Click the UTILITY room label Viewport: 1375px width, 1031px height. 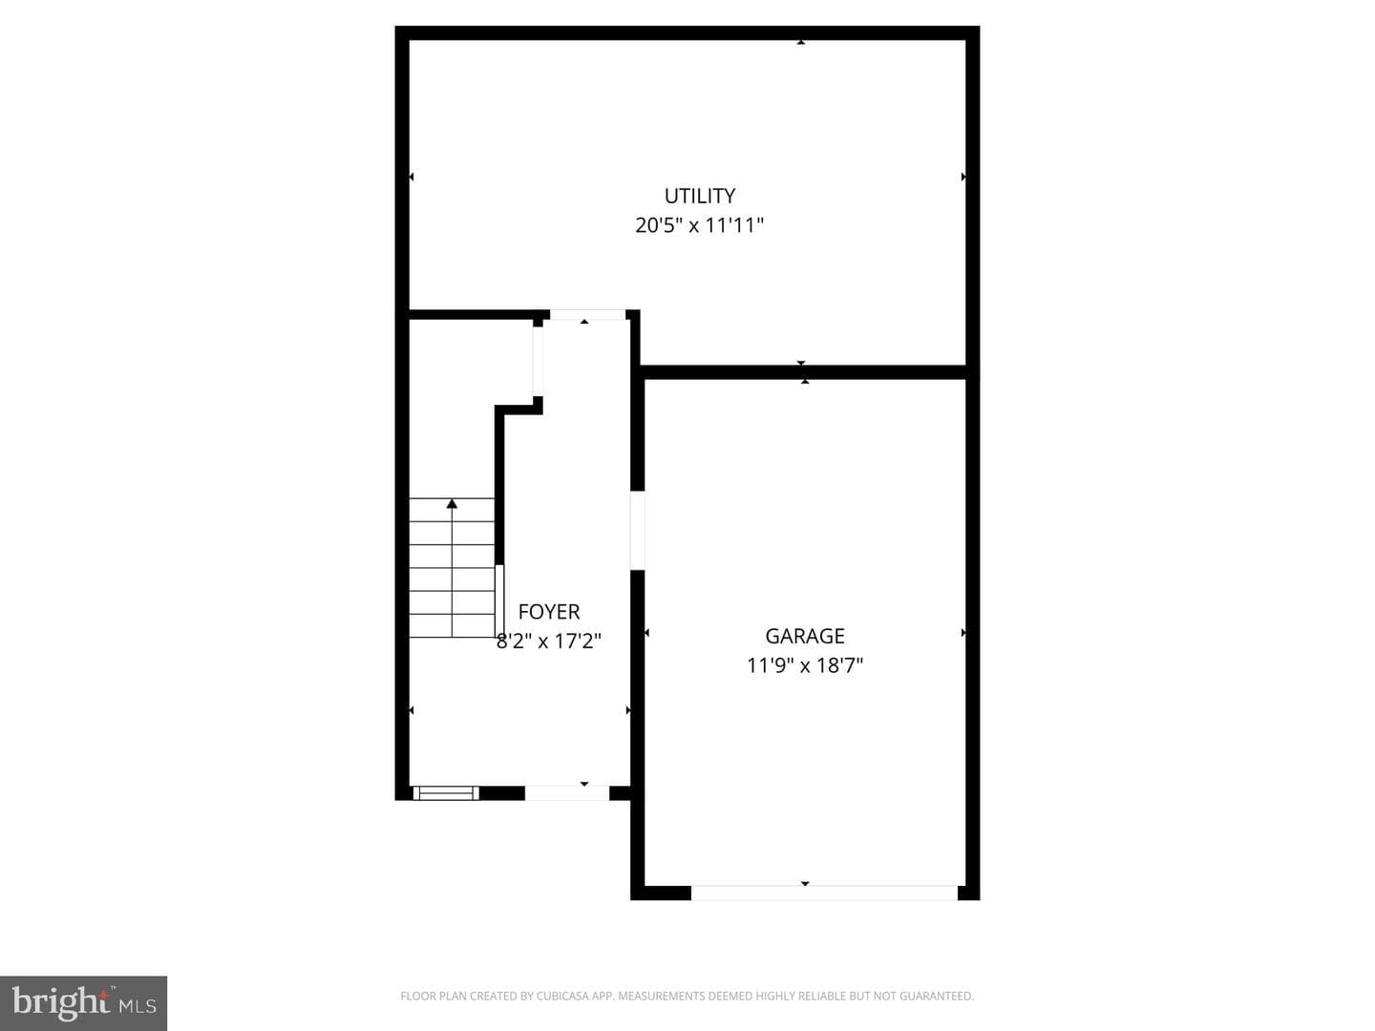699,196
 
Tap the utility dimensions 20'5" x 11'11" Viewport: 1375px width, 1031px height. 699,224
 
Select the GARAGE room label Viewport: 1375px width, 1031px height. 804,636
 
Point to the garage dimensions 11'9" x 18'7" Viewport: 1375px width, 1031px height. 804,664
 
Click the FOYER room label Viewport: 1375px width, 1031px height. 549,612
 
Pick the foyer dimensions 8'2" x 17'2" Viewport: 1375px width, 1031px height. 549,641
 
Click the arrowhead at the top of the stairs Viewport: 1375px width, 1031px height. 452,503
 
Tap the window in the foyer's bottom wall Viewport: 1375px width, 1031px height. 445,793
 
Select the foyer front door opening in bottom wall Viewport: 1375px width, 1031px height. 567,793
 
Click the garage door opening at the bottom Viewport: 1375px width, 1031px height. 824,893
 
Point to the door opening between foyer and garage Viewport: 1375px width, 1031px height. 637,530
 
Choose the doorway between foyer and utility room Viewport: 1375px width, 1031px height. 587,315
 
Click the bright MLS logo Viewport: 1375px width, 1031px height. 83,1002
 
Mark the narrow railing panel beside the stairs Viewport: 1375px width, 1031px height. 499,601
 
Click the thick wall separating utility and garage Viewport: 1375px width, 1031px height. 804,372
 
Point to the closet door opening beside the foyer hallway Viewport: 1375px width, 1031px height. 538,361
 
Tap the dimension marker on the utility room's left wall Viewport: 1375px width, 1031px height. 412,178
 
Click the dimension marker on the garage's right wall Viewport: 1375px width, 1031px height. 963,633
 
